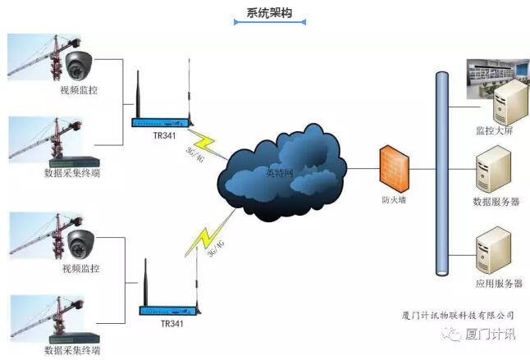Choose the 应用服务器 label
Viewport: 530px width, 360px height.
tap(497, 283)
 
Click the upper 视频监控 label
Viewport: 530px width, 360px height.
tap(80, 89)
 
